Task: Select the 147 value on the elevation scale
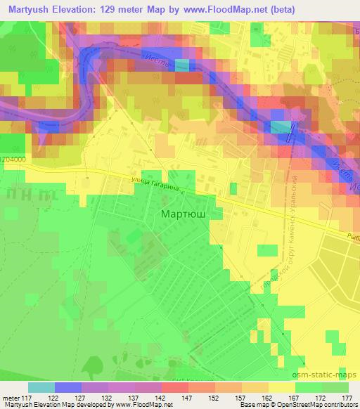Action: (167, 397)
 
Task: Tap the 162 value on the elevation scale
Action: (257, 397)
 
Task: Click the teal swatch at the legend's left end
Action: (41, 387)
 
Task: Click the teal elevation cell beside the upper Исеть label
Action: (181, 65)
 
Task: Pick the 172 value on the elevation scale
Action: (317, 397)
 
